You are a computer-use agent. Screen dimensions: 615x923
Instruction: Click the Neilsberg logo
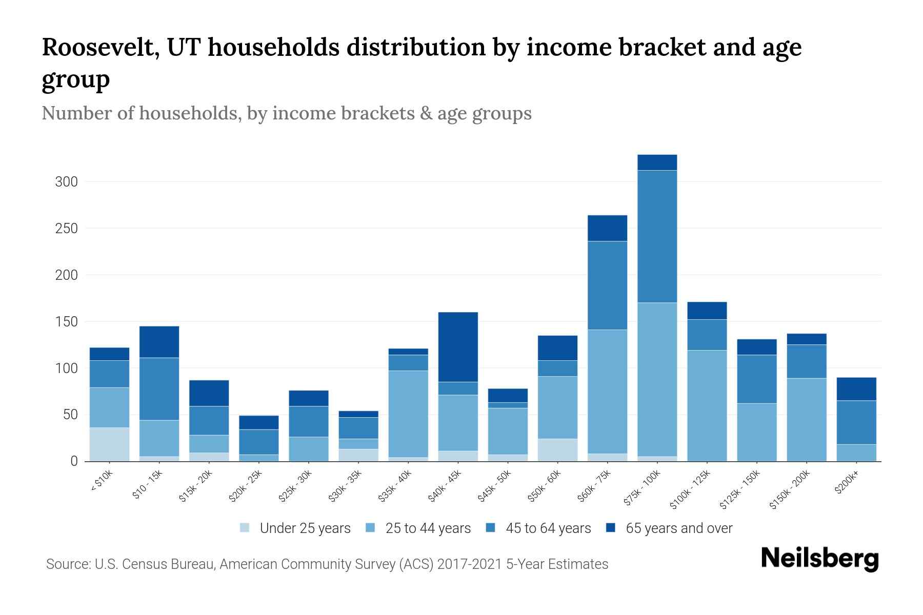point(819,559)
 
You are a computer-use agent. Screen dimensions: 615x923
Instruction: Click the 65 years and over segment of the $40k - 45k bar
point(458,347)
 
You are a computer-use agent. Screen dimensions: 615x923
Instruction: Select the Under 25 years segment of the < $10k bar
point(109,444)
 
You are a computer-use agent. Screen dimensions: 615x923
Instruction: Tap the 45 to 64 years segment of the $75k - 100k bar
point(657,236)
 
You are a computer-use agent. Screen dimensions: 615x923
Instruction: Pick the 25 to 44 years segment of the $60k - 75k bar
point(607,392)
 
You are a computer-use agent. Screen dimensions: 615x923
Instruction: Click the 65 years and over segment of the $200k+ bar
point(856,389)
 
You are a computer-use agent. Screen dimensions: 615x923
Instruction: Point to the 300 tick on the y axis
point(67,182)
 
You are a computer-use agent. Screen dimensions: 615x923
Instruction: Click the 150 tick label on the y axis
point(67,322)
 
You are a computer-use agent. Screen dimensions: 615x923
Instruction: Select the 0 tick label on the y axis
point(74,461)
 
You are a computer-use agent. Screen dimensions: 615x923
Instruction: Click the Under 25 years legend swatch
point(245,528)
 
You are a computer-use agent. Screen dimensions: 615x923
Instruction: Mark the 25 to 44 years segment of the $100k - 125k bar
point(707,405)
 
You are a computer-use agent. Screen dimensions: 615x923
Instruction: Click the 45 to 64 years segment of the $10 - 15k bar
point(159,389)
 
